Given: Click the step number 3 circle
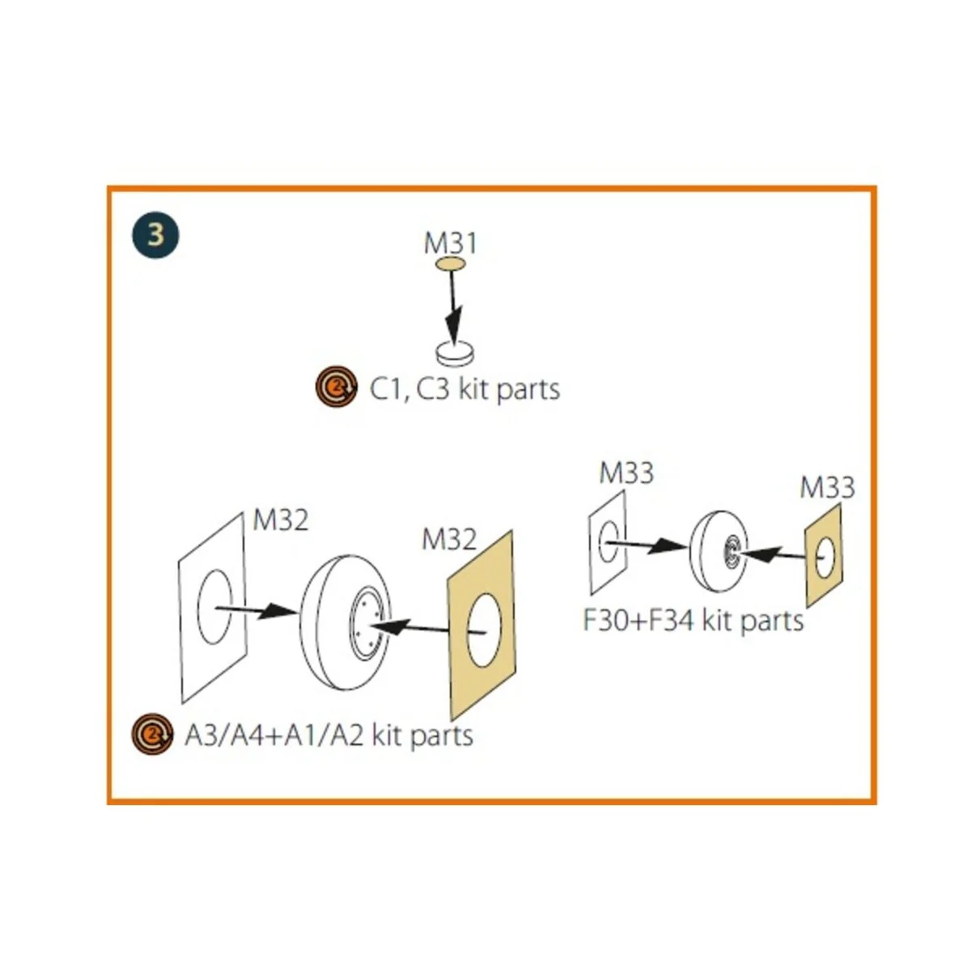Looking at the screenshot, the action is (155, 235).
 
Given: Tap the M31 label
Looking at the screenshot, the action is (450, 243).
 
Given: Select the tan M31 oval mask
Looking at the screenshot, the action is (450, 264).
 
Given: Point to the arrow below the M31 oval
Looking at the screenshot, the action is (453, 307).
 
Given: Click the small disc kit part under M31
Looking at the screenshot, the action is (455, 354).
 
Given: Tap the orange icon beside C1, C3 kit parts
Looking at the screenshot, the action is (337, 387).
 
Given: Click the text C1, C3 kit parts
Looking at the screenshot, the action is (464, 389).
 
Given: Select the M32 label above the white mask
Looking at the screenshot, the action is (280, 519).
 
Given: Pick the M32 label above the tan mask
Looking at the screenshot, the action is (449, 540).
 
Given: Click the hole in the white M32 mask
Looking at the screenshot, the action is (215, 607).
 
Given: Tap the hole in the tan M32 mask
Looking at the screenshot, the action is (484, 630).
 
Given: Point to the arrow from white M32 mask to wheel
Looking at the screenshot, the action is (256, 611).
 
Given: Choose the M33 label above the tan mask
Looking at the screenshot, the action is (828, 487).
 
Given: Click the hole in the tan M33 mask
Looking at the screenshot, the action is (825, 558).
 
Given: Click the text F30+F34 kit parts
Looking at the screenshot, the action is (693, 620).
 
